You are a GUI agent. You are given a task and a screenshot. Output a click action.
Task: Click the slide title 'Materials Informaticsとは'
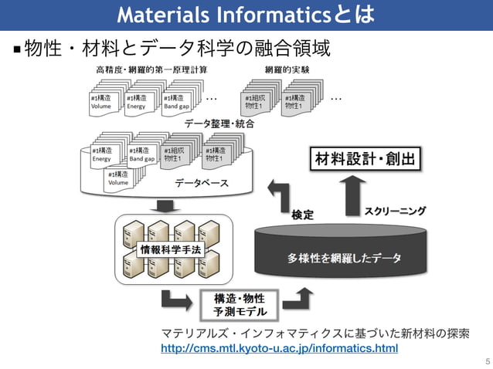(x=246, y=14)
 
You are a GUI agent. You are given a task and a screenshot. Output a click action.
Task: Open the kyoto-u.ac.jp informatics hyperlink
(x=279, y=349)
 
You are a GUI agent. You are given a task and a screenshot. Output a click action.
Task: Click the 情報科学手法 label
(x=169, y=249)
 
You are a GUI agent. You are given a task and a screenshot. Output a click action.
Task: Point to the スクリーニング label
(x=395, y=210)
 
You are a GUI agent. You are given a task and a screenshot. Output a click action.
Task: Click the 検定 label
(x=302, y=215)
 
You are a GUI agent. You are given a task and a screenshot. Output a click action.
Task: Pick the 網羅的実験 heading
(x=287, y=69)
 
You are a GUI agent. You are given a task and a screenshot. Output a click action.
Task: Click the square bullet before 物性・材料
(x=16, y=51)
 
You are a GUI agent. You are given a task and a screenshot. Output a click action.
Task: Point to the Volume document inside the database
(x=120, y=179)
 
